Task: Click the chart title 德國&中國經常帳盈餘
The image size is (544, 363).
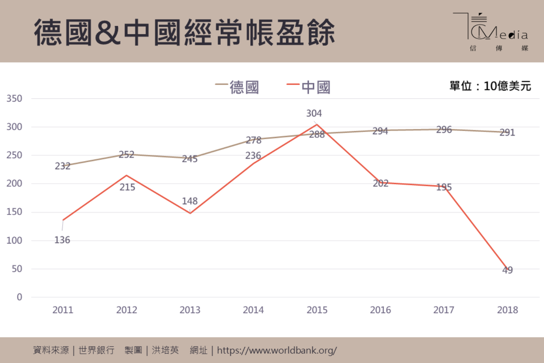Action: (184, 33)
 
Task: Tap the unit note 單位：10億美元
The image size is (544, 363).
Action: (490, 86)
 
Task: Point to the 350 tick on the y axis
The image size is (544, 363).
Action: (14, 98)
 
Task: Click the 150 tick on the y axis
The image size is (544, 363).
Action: (14, 212)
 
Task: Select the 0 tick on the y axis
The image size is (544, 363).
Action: (19, 297)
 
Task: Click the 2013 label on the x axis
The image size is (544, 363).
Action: (190, 310)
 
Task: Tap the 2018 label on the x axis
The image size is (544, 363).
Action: (507, 310)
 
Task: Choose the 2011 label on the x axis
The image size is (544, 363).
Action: (63, 310)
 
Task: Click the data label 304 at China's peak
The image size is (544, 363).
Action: (314, 113)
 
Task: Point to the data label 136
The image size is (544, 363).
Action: (62, 240)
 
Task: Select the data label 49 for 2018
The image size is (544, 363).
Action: (507, 270)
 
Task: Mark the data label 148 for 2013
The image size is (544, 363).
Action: (189, 201)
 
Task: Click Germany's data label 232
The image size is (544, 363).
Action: (62, 166)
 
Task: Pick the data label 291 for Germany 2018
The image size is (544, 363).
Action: (507, 132)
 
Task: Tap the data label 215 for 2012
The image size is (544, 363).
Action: (127, 187)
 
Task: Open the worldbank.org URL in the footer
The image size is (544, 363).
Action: (277, 351)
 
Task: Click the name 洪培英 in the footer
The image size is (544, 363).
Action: (165, 350)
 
